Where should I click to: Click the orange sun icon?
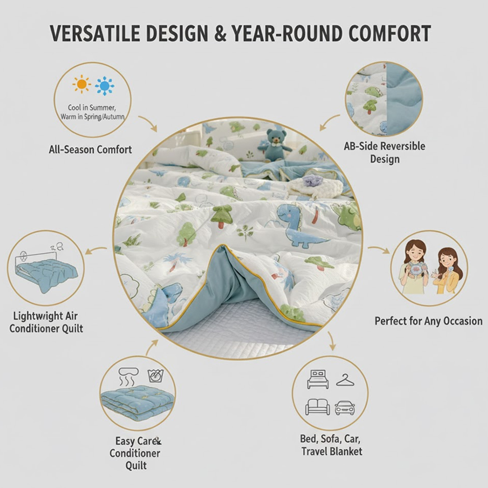pos(81,84)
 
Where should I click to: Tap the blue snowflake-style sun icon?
pos(104,86)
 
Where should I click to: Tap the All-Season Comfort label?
pos(90,149)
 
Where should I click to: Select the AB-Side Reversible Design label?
pos(385,152)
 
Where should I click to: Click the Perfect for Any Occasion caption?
pos(428,321)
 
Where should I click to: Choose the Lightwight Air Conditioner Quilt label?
pos(46,322)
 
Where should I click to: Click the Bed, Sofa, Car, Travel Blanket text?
pos(332,445)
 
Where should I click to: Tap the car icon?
pos(345,407)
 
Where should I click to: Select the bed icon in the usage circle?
pos(318,379)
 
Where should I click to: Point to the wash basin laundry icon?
pos(155,376)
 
